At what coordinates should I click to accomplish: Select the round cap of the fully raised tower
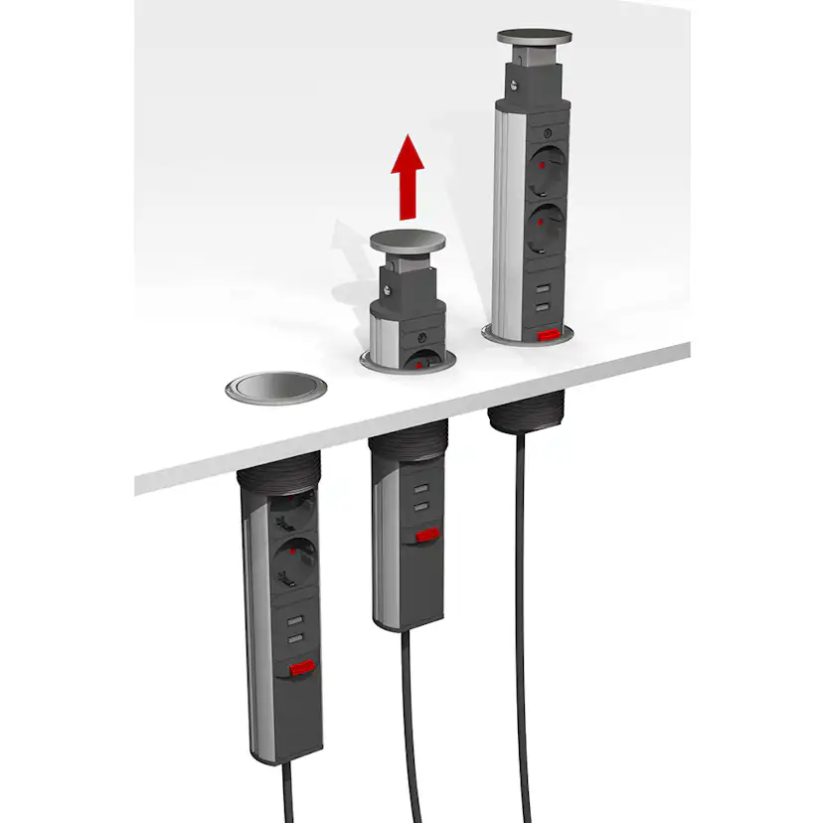(535, 38)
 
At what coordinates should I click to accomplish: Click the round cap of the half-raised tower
(408, 240)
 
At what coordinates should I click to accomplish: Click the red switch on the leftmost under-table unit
(301, 669)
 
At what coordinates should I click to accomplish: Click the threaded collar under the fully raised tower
(526, 410)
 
